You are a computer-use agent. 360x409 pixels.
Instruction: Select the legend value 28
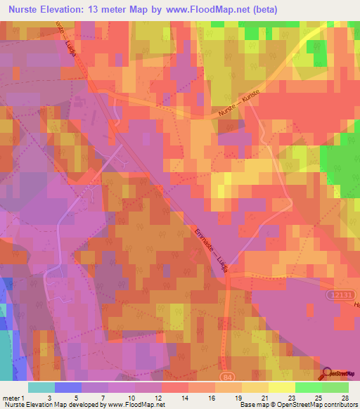(344, 398)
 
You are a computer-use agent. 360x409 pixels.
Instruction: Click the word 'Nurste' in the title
(27, 10)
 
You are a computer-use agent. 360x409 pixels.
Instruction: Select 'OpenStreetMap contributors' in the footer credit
(317, 405)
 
